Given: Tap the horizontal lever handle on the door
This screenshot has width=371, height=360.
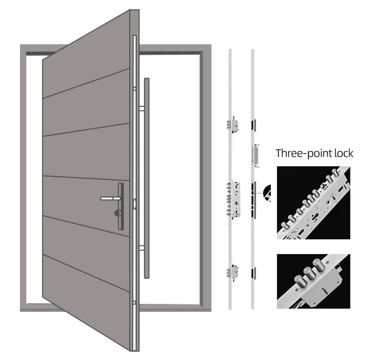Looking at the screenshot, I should coord(109,198).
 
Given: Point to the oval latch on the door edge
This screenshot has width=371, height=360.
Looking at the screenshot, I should coord(134,203).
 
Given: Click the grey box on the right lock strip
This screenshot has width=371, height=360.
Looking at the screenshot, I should coord(256,153).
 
